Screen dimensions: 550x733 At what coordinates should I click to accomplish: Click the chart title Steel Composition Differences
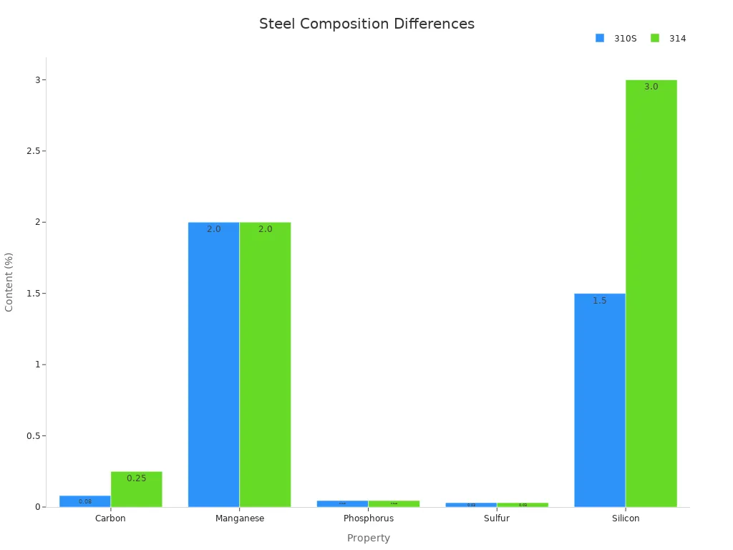pos(366,24)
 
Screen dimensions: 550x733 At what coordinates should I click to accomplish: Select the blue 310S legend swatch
pos(600,38)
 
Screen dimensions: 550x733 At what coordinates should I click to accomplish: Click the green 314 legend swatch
pos(654,38)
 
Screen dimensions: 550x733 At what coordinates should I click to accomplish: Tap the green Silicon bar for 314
pos(651,294)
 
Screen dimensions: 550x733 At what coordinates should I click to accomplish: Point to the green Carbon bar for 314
pos(136,493)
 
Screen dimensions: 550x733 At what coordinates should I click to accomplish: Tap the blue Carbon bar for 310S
pos(85,501)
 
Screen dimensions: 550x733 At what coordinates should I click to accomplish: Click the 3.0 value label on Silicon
pos(651,87)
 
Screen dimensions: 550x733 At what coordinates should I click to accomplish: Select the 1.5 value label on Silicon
pos(600,301)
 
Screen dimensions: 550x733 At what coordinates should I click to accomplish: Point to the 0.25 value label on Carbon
pos(136,478)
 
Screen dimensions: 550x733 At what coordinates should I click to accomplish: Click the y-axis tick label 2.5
pos(29,151)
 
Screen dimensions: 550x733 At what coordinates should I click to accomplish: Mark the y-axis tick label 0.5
pos(29,435)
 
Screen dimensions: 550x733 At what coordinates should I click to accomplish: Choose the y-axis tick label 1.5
pos(29,294)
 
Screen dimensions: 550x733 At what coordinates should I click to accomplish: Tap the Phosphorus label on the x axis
pos(368,518)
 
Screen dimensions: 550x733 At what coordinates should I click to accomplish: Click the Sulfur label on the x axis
pos(497,518)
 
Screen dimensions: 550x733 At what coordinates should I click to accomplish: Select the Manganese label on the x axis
pos(240,518)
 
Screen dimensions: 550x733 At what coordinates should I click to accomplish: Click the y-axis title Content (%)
pos(9,281)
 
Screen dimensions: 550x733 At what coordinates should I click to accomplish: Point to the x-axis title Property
pos(368,538)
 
